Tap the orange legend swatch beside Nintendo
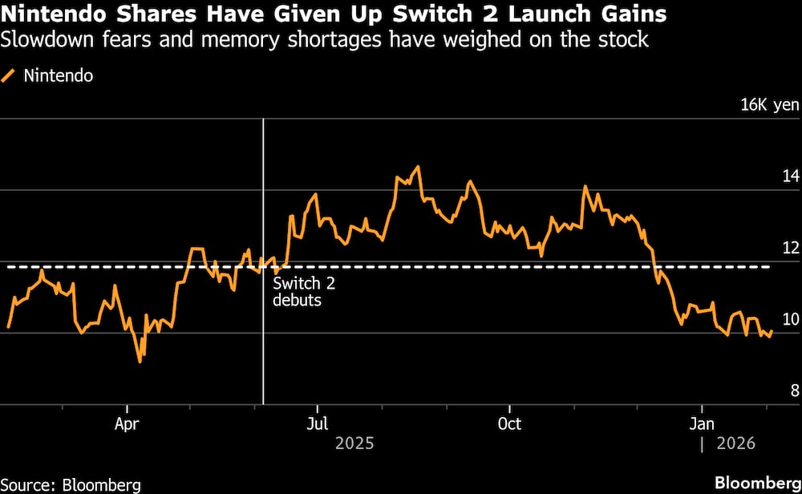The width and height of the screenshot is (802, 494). click(10, 77)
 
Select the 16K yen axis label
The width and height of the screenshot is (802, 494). click(770, 105)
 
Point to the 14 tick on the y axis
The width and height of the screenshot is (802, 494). click(791, 176)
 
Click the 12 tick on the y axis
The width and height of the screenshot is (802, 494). click(791, 248)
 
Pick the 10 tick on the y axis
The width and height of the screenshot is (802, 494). click(791, 319)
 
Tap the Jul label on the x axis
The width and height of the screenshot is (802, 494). click(318, 423)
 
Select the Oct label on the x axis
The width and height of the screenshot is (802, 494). click(509, 423)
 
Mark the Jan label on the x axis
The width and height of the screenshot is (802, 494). click(702, 423)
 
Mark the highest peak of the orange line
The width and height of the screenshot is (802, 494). click(418, 168)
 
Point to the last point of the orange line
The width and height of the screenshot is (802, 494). click(772, 331)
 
